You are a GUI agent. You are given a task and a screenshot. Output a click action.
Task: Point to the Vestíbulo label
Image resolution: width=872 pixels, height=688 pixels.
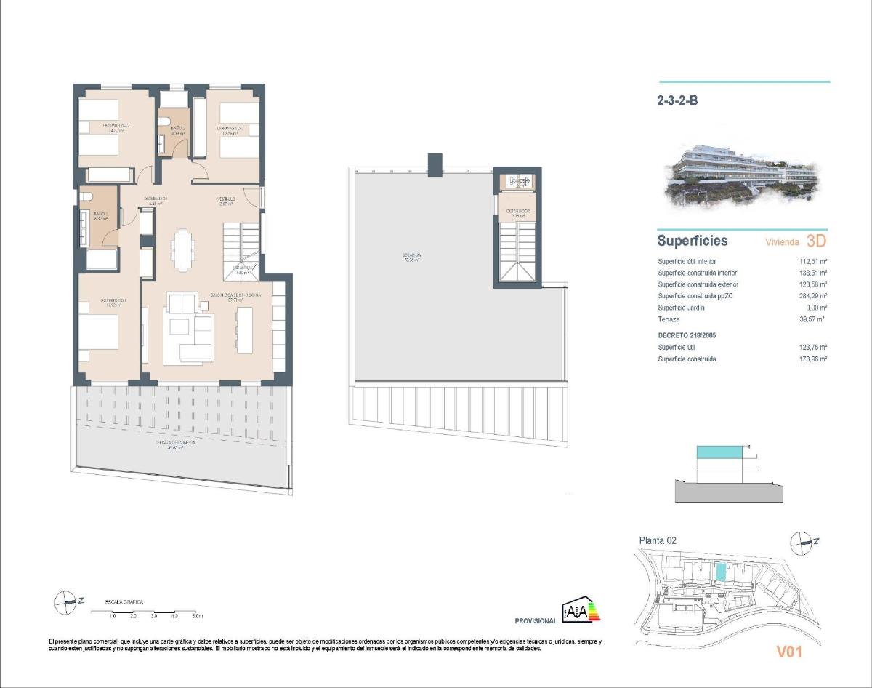(227, 199)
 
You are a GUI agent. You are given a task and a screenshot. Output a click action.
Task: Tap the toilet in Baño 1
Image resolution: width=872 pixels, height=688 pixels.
(86, 197)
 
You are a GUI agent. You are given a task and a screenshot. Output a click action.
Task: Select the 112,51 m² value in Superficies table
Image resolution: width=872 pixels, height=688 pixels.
(813, 261)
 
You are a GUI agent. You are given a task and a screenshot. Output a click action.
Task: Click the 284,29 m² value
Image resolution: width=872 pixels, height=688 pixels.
(813, 296)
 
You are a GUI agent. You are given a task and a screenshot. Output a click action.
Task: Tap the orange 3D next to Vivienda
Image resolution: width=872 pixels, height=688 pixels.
(817, 241)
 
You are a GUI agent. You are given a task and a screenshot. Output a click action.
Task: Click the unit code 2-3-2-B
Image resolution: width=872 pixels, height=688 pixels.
(677, 102)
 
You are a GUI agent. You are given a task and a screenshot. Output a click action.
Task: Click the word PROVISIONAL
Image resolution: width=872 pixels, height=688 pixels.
(536, 621)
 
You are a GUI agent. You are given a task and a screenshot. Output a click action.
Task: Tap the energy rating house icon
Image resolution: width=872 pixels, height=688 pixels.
(581, 612)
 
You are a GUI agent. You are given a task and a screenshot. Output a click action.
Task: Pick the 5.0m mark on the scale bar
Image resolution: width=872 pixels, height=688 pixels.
(197, 616)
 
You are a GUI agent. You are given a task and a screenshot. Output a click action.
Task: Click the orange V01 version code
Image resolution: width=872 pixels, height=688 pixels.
(788, 652)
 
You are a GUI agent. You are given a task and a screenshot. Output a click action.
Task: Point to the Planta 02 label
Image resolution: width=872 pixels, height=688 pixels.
(658, 540)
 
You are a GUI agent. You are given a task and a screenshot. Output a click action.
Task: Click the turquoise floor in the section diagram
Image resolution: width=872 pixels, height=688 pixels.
(719, 452)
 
